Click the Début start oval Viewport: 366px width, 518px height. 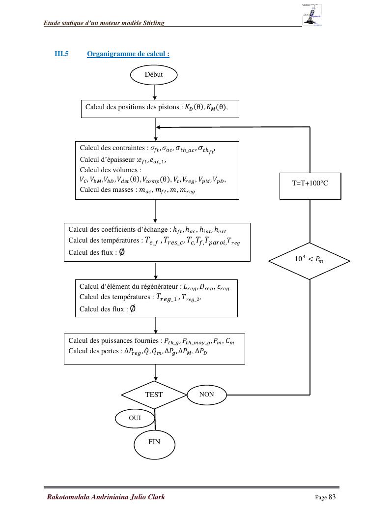pyautogui.click(x=153, y=75)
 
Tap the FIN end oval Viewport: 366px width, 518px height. pyautogui.click(x=154, y=442)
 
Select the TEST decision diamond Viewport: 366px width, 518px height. pyautogui.click(x=154, y=395)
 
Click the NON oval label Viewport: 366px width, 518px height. pyautogui.click(x=207, y=394)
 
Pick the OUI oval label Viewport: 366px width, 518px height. pyautogui.click(x=135, y=418)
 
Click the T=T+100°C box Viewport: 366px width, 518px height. pyautogui.click(x=310, y=183)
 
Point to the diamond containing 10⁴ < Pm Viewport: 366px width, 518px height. pyautogui.click(x=310, y=260)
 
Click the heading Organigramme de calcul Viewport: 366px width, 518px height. pyautogui.click(x=128, y=54)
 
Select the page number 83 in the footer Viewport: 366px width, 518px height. pyautogui.click(x=332, y=497)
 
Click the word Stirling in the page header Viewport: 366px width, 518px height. pyautogui.click(x=153, y=23)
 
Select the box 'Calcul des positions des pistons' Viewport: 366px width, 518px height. pyautogui.click(x=160, y=108)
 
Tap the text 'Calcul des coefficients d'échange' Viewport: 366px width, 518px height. pyautogui.click(x=120, y=230)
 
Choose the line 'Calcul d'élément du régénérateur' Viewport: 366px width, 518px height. pyautogui.click(x=130, y=287)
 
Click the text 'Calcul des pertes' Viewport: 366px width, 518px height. pyautogui.click(x=95, y=351)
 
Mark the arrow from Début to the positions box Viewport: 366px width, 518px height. pyautogui.click(x=155, y=92)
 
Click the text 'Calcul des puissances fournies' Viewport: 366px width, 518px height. pyautogui.click(x=114, y=340)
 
